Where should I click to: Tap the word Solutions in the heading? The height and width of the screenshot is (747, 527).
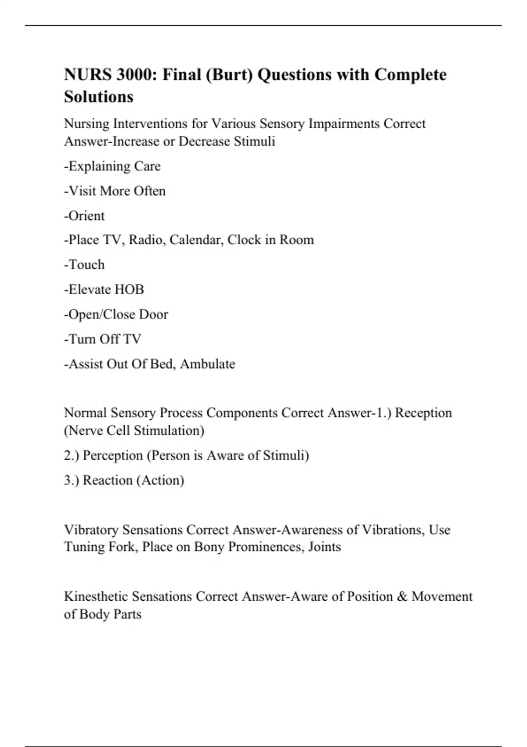[98, 97]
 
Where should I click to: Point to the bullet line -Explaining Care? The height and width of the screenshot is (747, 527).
[112, 167]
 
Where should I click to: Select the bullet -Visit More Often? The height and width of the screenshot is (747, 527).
[115, 191]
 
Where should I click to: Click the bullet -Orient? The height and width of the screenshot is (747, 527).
[84, 216]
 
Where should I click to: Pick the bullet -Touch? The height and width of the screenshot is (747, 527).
[84, 265]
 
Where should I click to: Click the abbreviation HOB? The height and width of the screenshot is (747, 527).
[129, 290]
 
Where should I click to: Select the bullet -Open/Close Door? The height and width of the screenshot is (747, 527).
[116, 315]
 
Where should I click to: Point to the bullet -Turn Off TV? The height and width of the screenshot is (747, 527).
[103, 339]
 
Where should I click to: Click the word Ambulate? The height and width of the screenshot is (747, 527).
[207, 364]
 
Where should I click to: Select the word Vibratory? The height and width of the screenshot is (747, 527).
[91, 530]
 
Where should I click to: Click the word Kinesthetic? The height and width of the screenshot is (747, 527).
[96, 597]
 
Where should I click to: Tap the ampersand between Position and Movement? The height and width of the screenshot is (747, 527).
[402, 597]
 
